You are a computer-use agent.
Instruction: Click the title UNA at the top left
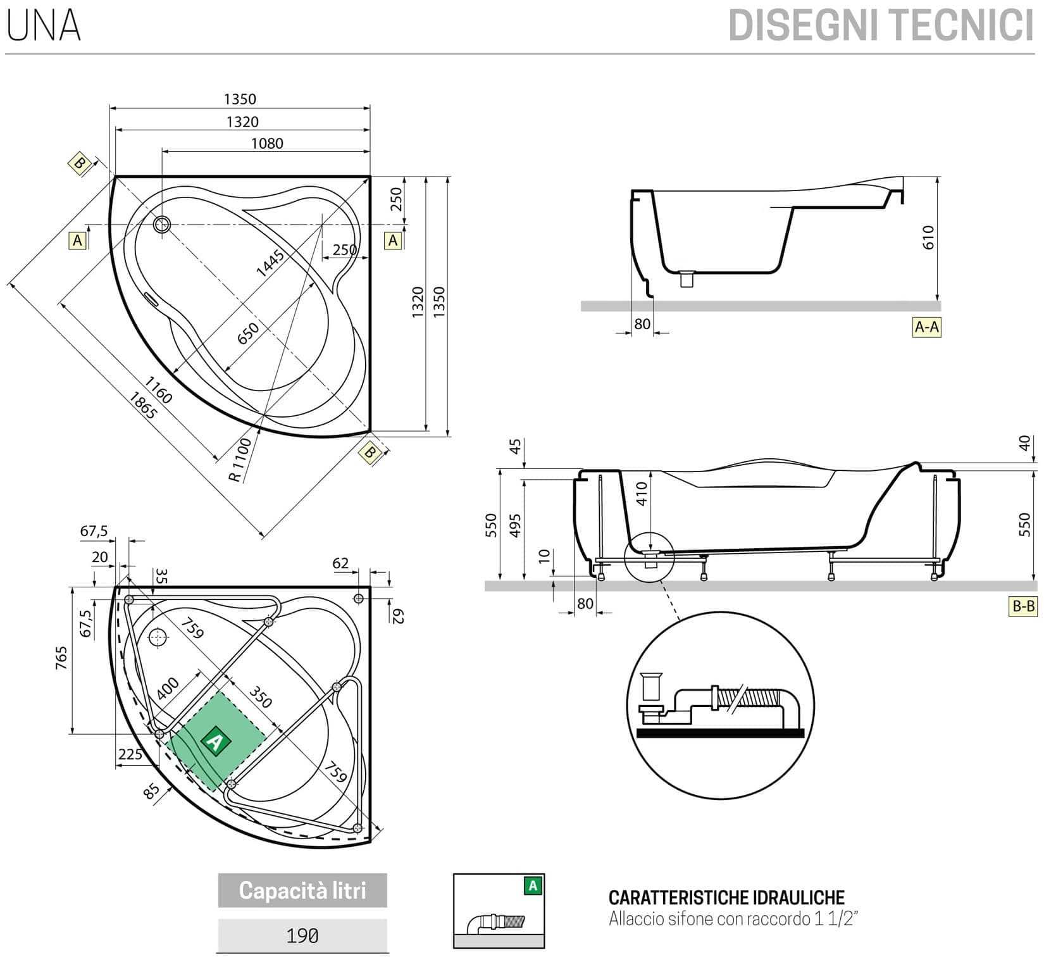(x=43, y=26)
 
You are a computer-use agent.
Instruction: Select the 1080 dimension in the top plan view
(x=267, y=144)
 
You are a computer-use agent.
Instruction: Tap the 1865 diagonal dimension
(x=143, y=406)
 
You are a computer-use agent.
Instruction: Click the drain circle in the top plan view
(x=162, y=224)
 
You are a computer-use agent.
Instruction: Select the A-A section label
(x=926, y=327)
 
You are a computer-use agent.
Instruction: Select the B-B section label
(x=1023, y=606)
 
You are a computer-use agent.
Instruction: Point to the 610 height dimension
(x=928, y=237)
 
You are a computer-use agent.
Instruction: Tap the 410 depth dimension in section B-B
(x=641, y=494)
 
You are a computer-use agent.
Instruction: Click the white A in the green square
(x=216, y=740)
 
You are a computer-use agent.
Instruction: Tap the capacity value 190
(x=302, y=935)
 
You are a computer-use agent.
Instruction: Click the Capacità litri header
(x=302, y=890)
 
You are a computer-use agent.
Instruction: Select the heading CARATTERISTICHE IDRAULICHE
(x=726, y=897)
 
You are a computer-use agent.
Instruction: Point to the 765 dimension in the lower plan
(x=61, y=658)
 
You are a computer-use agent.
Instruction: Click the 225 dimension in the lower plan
(x=130, y=754)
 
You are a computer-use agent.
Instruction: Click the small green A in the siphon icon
(x=533, y=886)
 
